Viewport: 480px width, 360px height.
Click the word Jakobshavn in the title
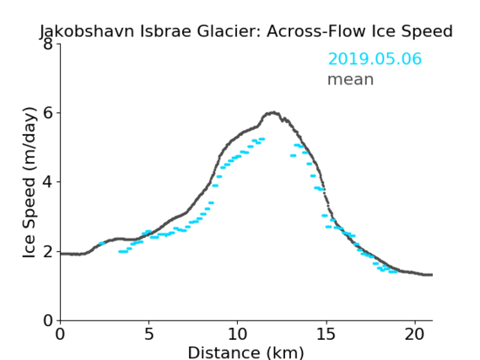coord(87,31)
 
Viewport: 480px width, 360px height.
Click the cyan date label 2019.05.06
coord(375,59)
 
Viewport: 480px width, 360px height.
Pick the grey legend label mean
coord(351,79)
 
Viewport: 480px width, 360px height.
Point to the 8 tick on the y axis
coord(48,44)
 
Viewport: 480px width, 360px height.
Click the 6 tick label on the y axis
coord(48,113)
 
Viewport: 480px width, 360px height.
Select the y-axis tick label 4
coord(48,182)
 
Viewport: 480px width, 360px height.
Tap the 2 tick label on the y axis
coord(48,251)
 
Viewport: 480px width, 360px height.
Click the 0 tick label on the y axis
coord(48,320)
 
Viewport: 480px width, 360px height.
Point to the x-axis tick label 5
coord(148,334)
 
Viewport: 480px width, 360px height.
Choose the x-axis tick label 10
coord(237,334)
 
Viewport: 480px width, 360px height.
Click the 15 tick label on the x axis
coord(326,334)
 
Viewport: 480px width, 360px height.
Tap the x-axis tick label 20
coord(415,334)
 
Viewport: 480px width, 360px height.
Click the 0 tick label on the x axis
coord(60,334)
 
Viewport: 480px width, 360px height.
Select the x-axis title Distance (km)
coord(245,352)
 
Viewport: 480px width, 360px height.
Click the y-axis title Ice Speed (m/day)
coord(30,183)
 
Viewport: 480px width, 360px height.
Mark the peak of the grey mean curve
coord(273,113)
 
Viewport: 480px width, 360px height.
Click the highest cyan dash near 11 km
coord(262,139)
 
